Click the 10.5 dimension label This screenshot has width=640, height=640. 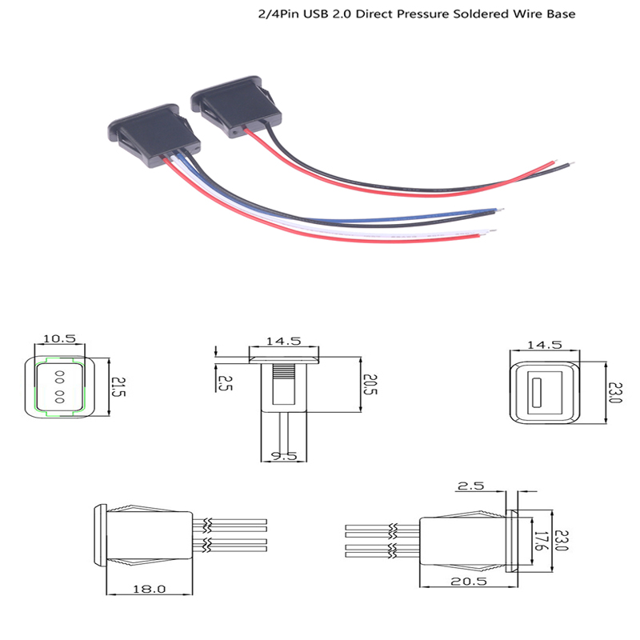point(59,338)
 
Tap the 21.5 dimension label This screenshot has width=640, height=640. point(118,386)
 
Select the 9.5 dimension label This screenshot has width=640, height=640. point(284,456)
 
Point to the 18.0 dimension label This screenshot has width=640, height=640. point(150,589)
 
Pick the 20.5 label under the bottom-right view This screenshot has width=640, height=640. point(469,582)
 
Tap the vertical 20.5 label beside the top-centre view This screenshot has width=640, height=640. point(370,385)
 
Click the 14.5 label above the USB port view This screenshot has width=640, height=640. point(545,345)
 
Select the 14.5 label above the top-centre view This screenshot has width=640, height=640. point(283,341)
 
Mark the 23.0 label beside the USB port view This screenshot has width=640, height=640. point(615,393)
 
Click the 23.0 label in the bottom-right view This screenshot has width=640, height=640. point(562,541)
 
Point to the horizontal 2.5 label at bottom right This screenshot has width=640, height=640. point(470,486)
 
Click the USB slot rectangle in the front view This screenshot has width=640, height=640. point(536,393)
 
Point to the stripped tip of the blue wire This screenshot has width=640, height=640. point(499,210)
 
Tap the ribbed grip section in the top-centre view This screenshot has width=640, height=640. point(283,372)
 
